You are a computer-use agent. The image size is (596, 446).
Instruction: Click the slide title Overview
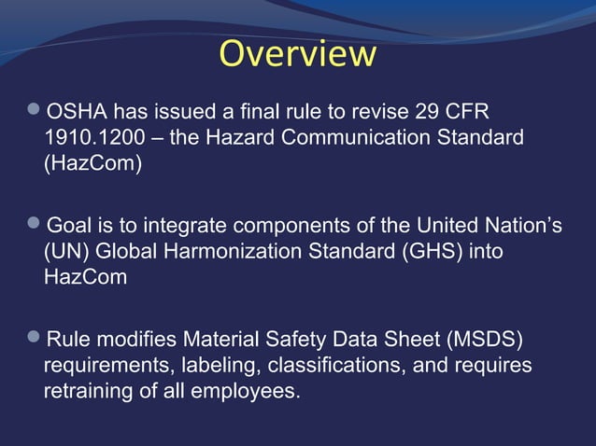click(298, 53)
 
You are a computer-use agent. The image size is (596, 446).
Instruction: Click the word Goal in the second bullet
click(69, 225)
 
